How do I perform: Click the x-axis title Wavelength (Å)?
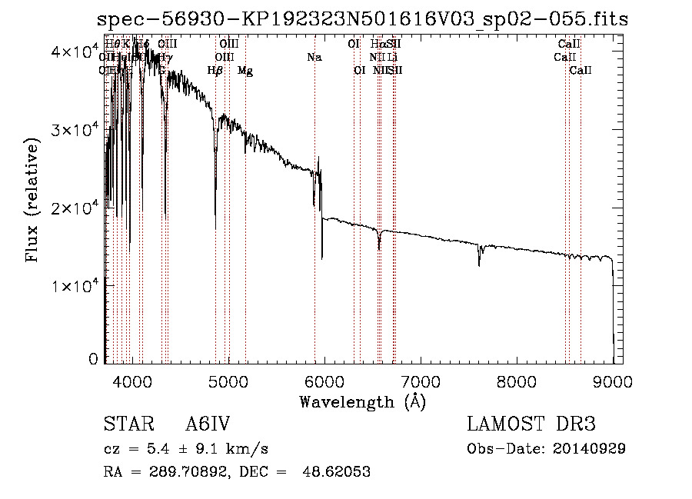tap(362, 401)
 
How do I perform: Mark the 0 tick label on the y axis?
tap(93, 359)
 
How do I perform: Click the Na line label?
tap(314, 57)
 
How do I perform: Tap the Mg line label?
tap(245, 71)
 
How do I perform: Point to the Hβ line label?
tap(215, 71)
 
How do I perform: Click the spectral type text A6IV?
tap(208, 424)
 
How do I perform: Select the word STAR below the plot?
tap(126, 424)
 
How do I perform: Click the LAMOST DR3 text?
tap(531, 424)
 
